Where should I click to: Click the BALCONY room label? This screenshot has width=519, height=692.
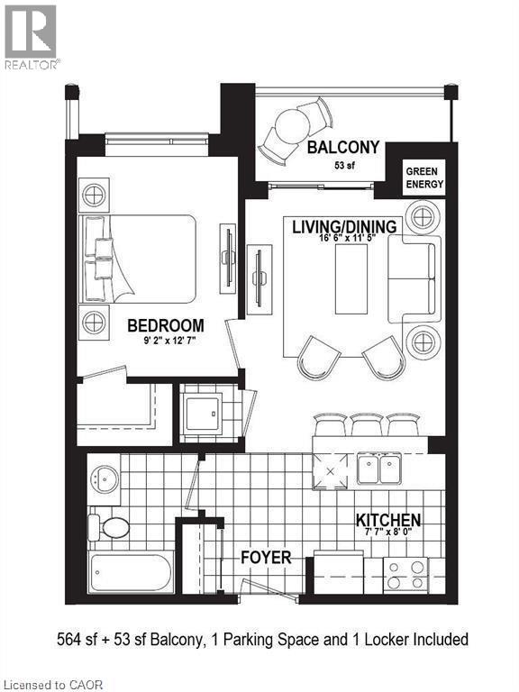click(342, 148)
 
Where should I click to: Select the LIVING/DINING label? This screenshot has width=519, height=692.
click(343, 226)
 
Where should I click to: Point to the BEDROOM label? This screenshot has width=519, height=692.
click(165, 325)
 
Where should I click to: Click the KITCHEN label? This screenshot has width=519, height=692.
click(388, 520)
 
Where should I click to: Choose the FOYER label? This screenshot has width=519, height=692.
click(266, 558)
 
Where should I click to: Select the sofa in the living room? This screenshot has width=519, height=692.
click(414, 280)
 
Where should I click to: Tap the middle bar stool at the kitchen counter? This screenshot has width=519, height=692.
click(368, 423)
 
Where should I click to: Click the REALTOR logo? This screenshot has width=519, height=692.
click(31, 36)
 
